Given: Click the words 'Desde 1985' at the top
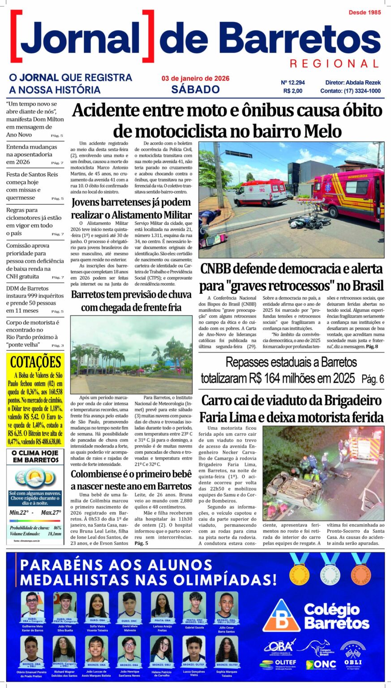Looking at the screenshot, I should (365, 12).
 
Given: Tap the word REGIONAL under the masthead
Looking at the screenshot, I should (334, 64).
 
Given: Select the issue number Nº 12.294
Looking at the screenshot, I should (293, 82).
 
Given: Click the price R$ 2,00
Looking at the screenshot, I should (293, 91).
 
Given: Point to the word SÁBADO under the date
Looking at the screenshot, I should (195, 89).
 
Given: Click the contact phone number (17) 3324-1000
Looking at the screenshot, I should (362, 91).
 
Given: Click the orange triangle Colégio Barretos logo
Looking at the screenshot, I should (281, 616).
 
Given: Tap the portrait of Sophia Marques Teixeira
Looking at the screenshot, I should (227, 649).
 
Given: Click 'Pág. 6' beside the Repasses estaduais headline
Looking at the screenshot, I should (373, 379).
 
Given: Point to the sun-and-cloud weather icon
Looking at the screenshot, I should (35, 478).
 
